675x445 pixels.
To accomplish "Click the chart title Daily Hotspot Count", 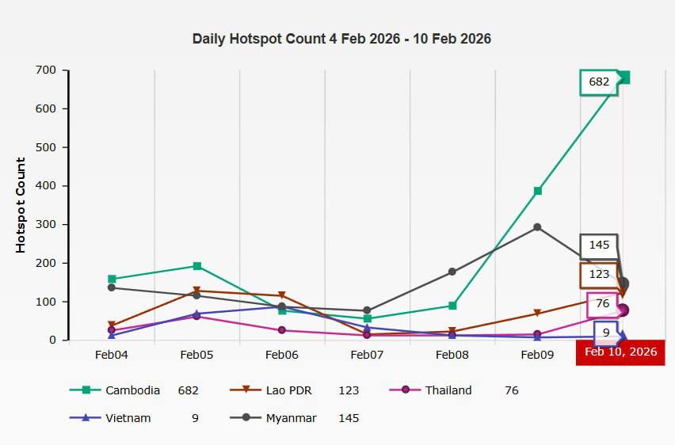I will click(341, 39).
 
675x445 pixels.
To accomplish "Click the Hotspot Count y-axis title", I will click(21, 205).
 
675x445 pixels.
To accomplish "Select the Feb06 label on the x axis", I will click(281, 355).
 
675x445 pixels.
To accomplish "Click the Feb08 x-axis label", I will click(452, 355).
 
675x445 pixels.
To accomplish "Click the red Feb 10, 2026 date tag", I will click(621, 352).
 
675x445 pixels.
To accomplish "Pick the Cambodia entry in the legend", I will click(132, 390).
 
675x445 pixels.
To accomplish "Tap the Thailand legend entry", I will click(448, 390).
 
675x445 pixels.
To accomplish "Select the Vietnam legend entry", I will click(128, 418).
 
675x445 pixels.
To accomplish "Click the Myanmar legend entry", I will click(291, 418).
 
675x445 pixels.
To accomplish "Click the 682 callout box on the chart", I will click(599, 82).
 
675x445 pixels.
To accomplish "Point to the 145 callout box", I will click(599, 245).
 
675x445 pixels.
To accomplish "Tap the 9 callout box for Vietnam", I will click(606, 333).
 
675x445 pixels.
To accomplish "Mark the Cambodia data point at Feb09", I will click(537, 191).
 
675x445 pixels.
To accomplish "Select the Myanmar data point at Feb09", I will click(537, 227).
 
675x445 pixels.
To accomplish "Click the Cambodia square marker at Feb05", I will click(196, 266).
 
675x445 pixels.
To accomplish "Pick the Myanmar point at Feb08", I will click(452, 272).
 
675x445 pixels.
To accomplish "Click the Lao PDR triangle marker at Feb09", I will click(537, 314).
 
